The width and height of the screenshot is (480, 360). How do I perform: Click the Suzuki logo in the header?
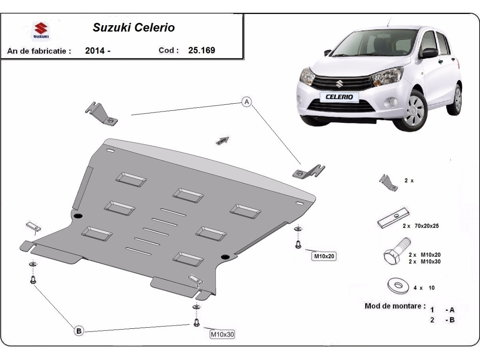point(41,31)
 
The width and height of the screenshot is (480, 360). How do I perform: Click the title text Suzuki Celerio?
point(134,28)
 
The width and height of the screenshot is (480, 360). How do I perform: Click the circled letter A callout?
point(247,102)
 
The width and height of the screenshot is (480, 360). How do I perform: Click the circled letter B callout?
point(79,330)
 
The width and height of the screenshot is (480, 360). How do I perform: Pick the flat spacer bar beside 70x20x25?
point(394,218)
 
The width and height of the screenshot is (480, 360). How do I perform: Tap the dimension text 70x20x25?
point(426,226)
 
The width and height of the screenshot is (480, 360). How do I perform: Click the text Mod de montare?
point(395,306)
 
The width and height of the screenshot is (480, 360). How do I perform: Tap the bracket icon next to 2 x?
point(388,182)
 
